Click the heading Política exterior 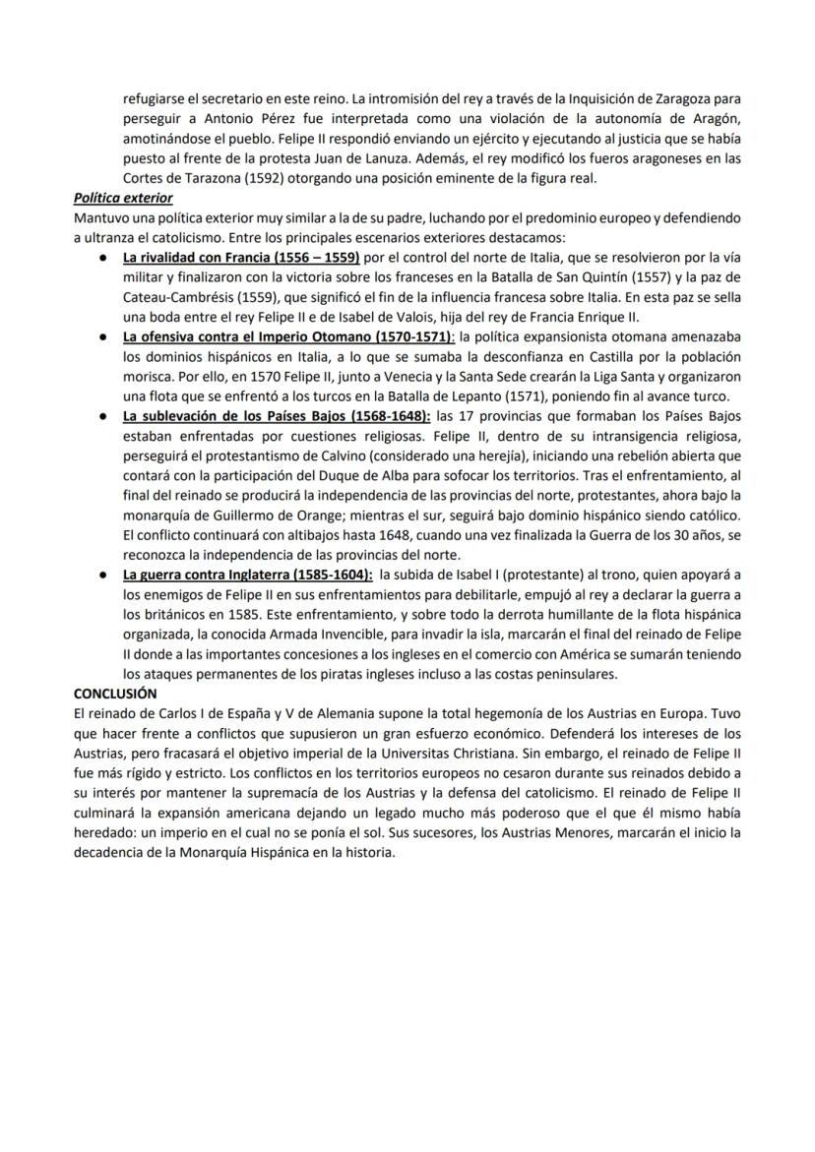point(123,198)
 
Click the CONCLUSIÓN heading point(114,693)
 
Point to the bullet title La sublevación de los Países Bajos point(277,415)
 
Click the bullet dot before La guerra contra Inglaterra point(103,575)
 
